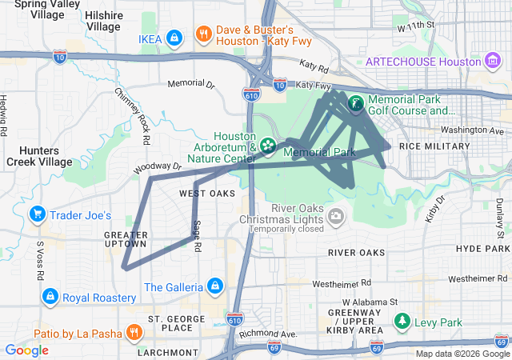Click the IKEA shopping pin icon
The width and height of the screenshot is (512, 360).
click(174, 37)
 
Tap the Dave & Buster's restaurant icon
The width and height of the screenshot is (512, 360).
click(204, 34)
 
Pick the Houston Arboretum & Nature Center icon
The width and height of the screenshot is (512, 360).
click(266, 146)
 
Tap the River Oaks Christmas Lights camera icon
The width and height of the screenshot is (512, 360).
click(337, 214)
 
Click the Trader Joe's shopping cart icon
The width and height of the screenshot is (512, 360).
click(37, 214)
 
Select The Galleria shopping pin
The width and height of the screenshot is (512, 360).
click(214, 286)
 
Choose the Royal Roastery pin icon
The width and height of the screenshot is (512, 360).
click(50, 297)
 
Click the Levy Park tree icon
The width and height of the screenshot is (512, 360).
click(402, 322)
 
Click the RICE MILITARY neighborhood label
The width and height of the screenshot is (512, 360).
click(434, 146)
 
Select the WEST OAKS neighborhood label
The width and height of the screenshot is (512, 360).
click(206, 194)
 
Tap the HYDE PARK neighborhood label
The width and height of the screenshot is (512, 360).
click(482, 250)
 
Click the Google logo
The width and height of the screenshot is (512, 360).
click(26, 350)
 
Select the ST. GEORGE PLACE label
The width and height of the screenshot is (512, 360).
click(165, 322)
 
